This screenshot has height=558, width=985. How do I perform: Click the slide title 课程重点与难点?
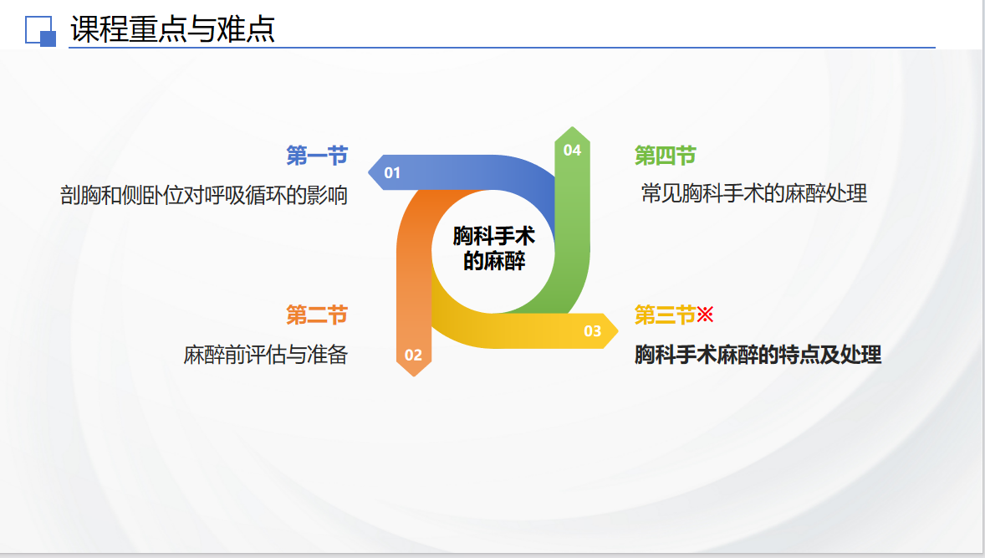point(173,29)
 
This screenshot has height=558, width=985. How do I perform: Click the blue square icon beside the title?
point(40,31)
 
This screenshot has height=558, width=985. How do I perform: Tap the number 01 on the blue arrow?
point(392,173)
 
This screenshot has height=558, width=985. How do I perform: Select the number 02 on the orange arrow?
point(413,355)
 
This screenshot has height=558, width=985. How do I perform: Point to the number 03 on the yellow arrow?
point(592,331)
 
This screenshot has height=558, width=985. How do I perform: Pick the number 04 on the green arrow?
point(572,151)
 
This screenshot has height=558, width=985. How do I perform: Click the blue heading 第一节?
point(317,156)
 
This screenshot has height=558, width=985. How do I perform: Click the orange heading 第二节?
point(317,315)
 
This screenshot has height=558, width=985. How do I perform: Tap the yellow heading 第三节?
point(666,315)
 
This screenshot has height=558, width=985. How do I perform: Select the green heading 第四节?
point(666,156)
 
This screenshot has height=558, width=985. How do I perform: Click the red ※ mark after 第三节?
point(706,315)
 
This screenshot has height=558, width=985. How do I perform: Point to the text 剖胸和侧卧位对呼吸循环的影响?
point(204,196)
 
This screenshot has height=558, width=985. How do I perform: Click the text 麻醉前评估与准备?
point(266,355)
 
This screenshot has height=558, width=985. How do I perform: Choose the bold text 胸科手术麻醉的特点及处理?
point(758,355)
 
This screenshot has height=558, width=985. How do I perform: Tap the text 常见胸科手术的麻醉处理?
point(754,193)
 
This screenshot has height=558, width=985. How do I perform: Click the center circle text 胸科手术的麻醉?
point(494,248)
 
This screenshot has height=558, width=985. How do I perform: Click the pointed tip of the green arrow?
point(572,127)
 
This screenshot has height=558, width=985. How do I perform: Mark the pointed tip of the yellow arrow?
point(618,330)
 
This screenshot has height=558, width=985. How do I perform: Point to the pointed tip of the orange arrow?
point(413,376)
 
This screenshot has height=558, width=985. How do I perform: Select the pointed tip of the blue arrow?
point(369,172)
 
